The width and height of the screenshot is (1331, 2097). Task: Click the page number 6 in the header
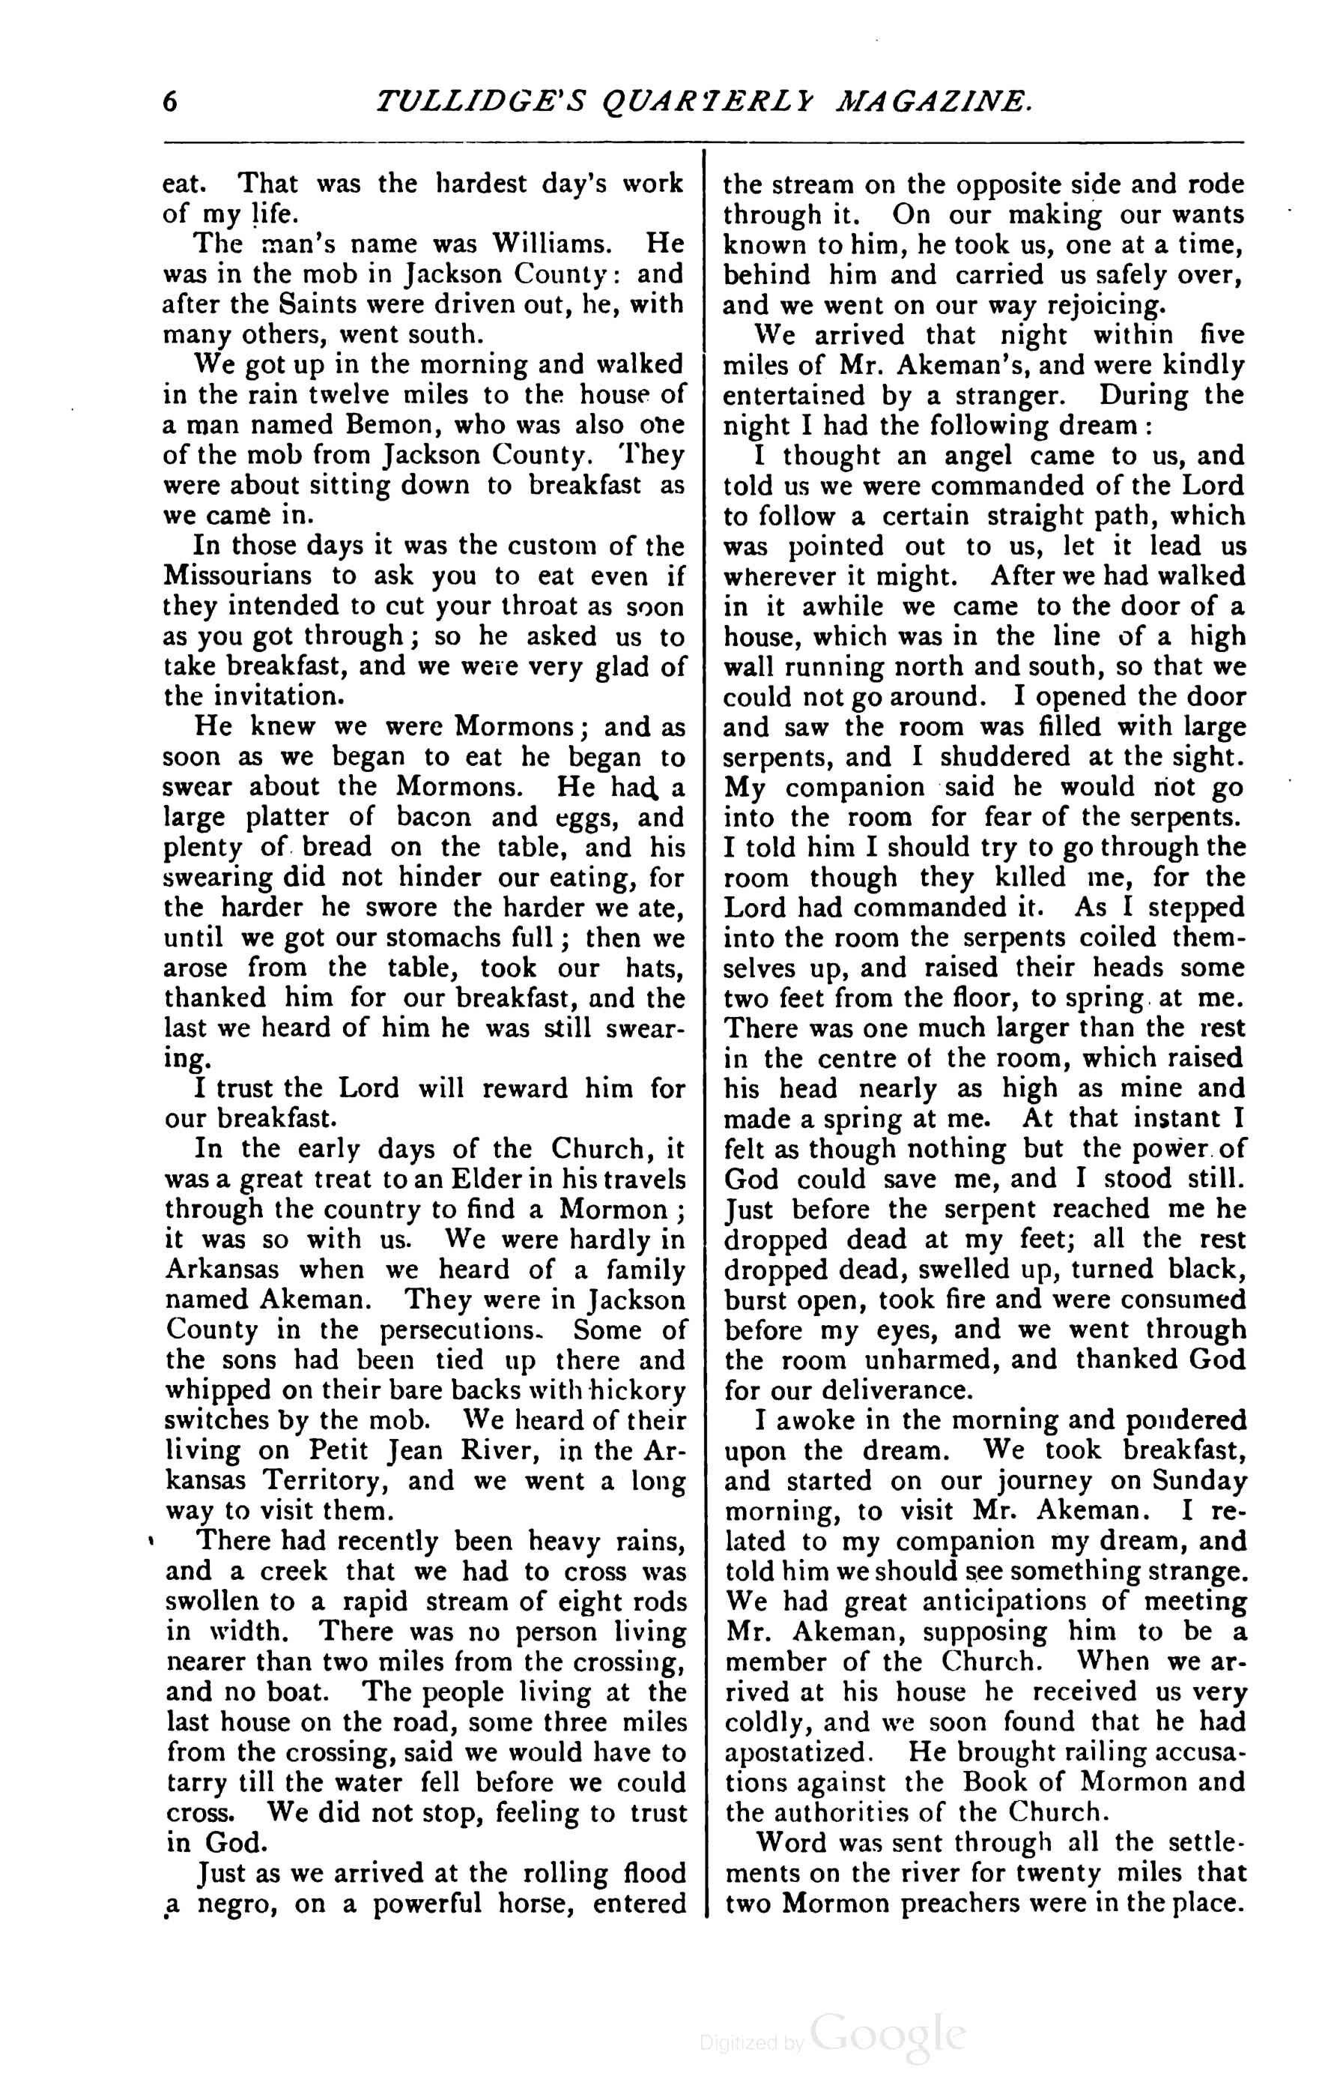point(170,102)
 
